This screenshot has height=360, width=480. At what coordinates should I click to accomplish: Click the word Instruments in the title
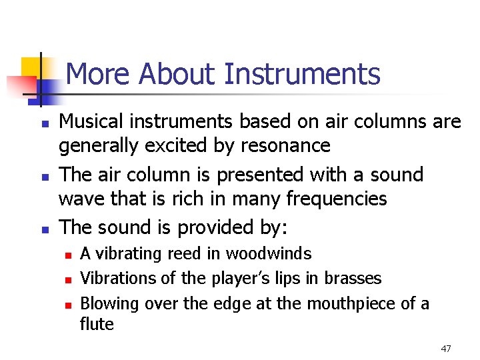[x=302, y=74]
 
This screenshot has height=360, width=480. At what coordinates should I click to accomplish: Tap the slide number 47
[x=446, y=349]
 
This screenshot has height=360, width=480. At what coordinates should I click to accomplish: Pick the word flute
[x=97, y=325]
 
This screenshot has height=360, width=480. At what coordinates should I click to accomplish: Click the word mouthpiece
[x=363, y=303]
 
